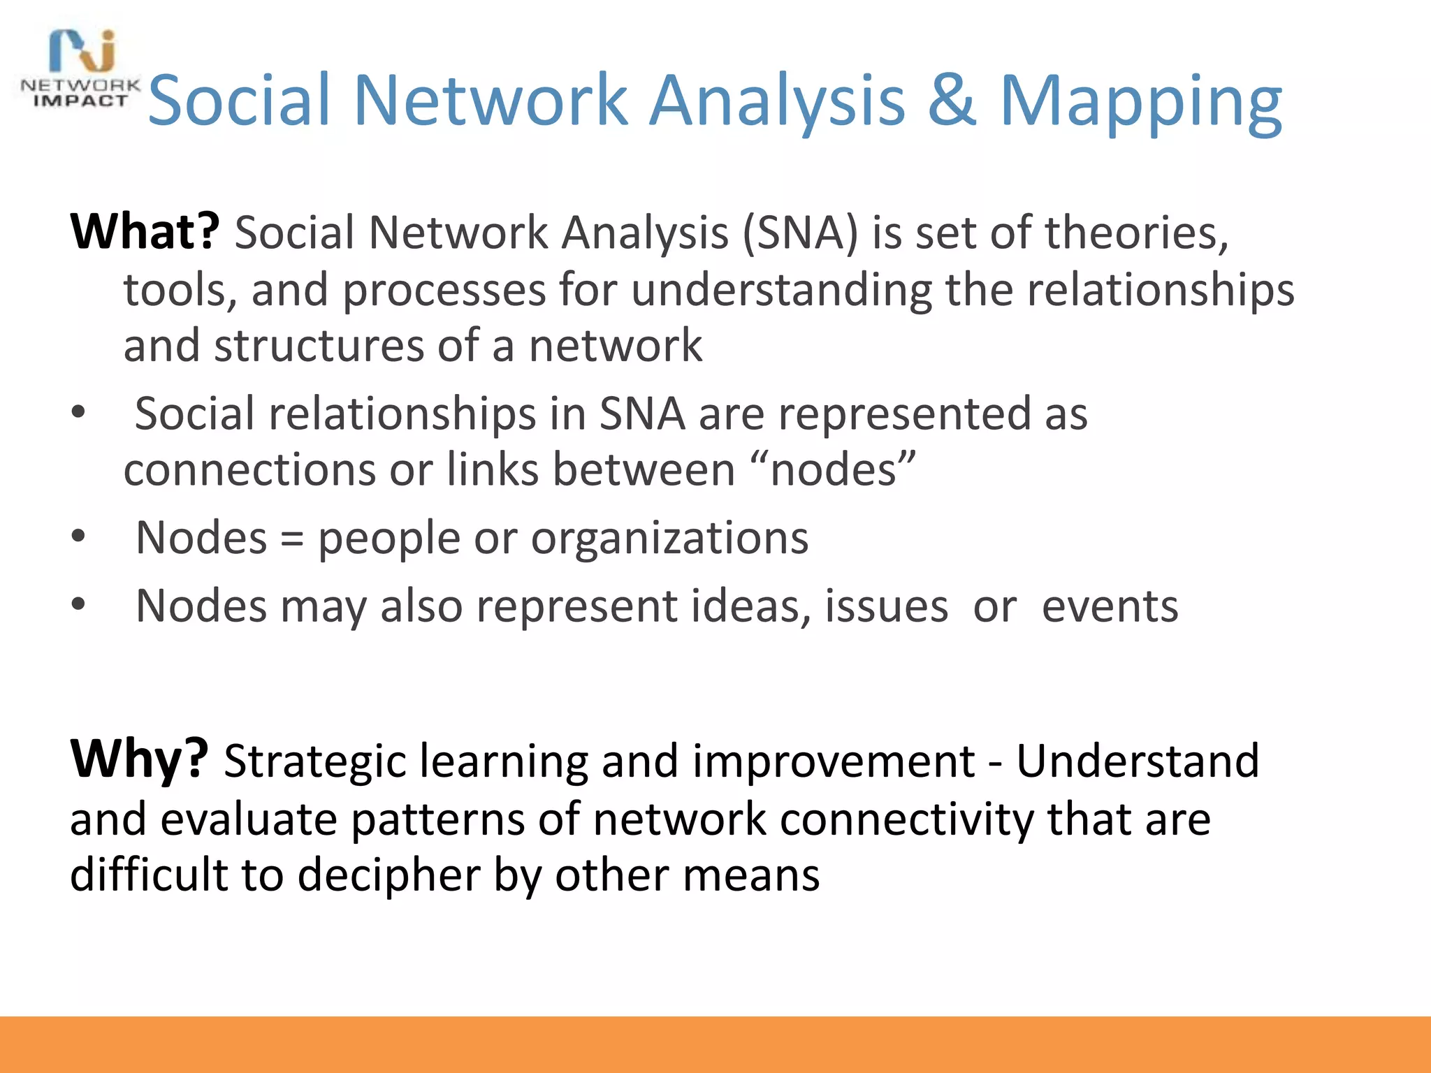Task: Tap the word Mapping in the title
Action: pos(1140,105)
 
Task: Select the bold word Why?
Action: pos(139,759)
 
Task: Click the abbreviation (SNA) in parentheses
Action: pos(799,233)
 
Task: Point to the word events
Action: pos(1110,606)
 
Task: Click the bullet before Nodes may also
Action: pos(78,605)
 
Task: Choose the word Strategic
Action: pos(314,761)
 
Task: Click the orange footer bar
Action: pos(715,1044)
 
